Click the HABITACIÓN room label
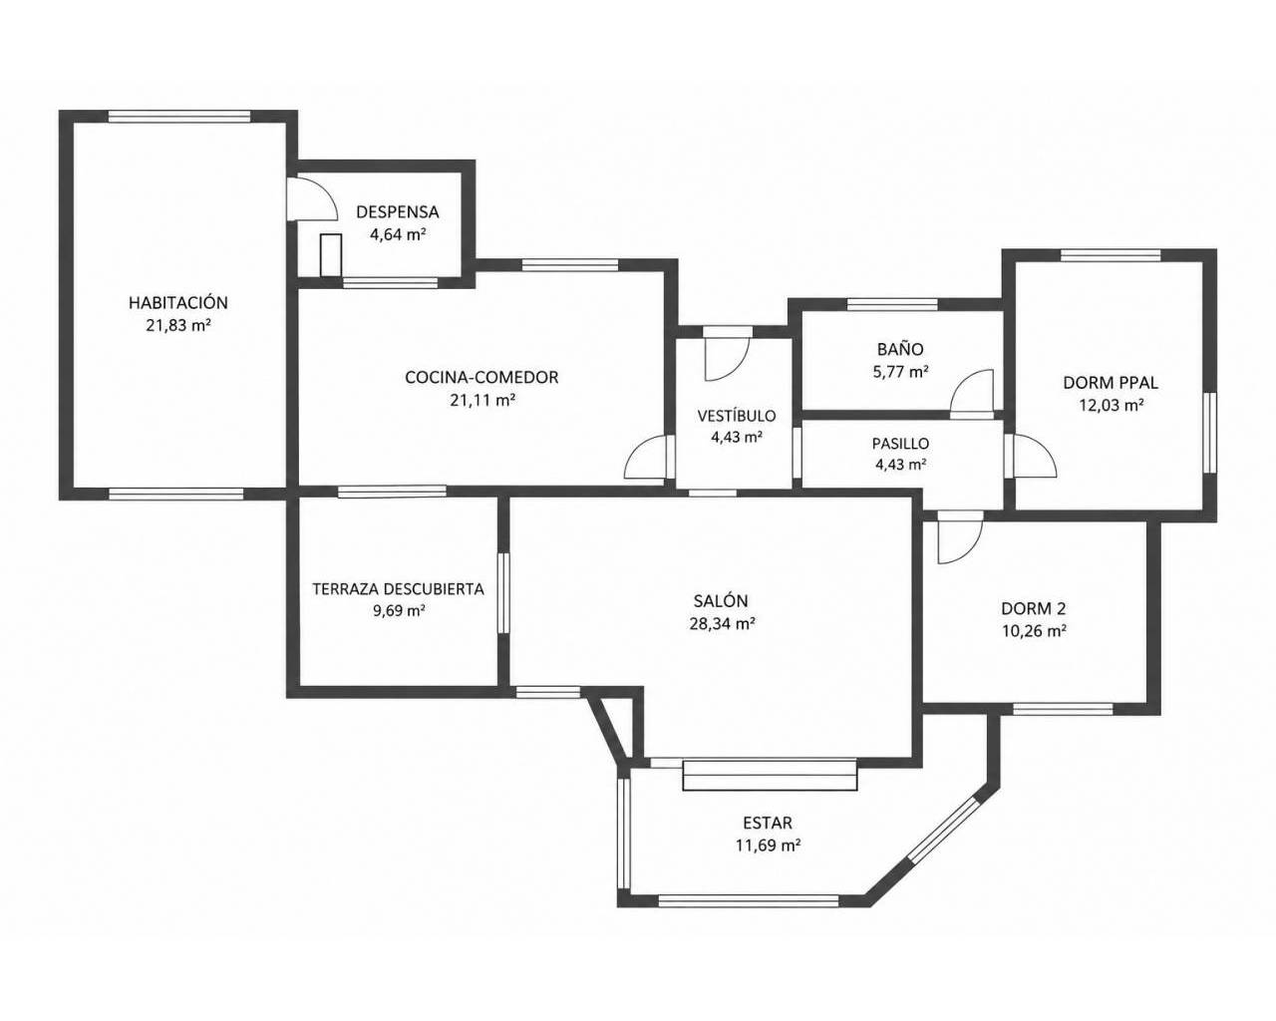(x=177, y=302)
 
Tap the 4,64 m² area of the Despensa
(x=398, y=234)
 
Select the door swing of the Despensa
(x=312, y=198)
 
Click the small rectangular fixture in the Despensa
(x=331, y=255)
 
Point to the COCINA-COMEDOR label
(x=481, y=377)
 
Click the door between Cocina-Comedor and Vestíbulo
(x=648, y=457)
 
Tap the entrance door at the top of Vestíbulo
(x=727, y=355)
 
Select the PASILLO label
(x=900, y=443)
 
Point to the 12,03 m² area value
(x=1110, y=405)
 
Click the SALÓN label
(x=721, y=601)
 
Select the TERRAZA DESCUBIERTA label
(x=398, y=589)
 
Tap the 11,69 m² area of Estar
(x=768, y=845)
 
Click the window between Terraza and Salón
(x=502, y=593)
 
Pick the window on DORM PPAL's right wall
(x=1209, y=433)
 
